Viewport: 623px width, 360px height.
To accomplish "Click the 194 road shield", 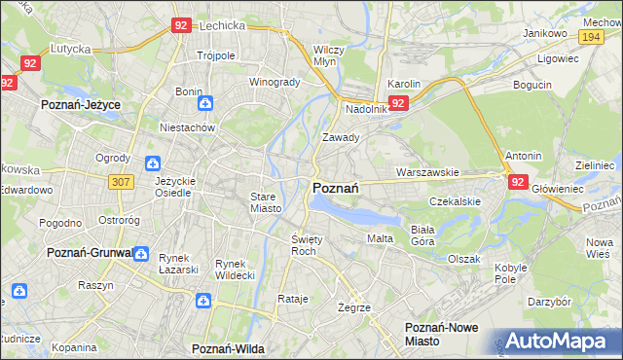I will coord(589,36).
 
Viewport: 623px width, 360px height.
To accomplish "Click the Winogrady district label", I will coord(275,82).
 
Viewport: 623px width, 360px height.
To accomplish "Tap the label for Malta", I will coord(379,238).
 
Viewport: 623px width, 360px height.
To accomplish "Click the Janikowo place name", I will coord(545,33).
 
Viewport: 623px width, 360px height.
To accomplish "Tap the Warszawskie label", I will coord(427,172).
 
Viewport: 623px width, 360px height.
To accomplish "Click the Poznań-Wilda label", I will coord(229,347).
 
